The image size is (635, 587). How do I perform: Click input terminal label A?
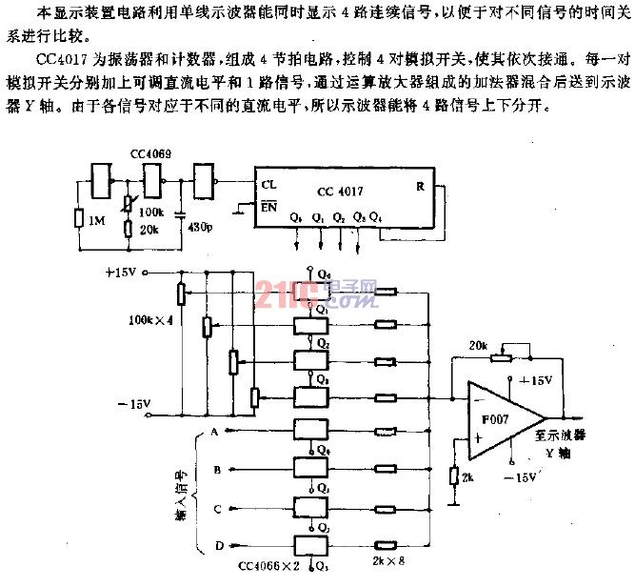pyautogui.click(x=217, y=433)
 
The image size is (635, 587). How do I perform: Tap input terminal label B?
pyautogui.click(x=217, y=470)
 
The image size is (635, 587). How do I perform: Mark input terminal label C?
pyautogui.click(x=217, y=507)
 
